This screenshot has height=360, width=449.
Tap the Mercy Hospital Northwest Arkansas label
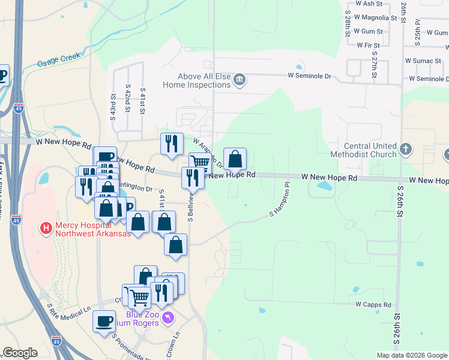[93, 229]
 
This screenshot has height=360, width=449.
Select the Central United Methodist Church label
[370, 150]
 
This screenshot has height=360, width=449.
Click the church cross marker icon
[406, 148]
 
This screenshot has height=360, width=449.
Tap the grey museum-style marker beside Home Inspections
[240, 80]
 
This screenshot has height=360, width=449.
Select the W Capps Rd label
[373, 304]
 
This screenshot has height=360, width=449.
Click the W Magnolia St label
[376, 18]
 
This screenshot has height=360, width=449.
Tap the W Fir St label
[368, 45]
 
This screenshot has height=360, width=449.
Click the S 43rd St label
[112, 106]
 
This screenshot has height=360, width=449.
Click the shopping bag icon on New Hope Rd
[235, 159]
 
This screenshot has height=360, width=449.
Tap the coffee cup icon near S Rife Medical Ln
[104, 321]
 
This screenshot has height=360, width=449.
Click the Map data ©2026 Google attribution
[411, 355]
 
